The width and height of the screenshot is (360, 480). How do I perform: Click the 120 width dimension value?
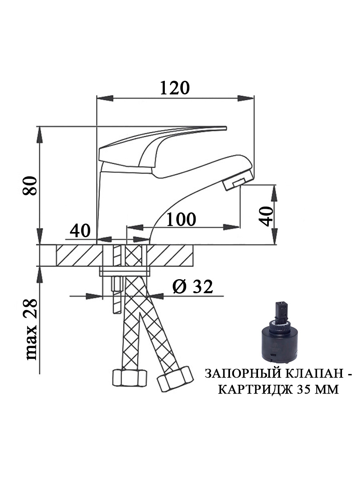point(175,88)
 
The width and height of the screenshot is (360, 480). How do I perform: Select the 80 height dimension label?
point(30,186)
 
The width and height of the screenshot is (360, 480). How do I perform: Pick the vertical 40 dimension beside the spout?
point(266,216)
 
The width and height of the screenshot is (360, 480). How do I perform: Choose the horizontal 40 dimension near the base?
point(80,231)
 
